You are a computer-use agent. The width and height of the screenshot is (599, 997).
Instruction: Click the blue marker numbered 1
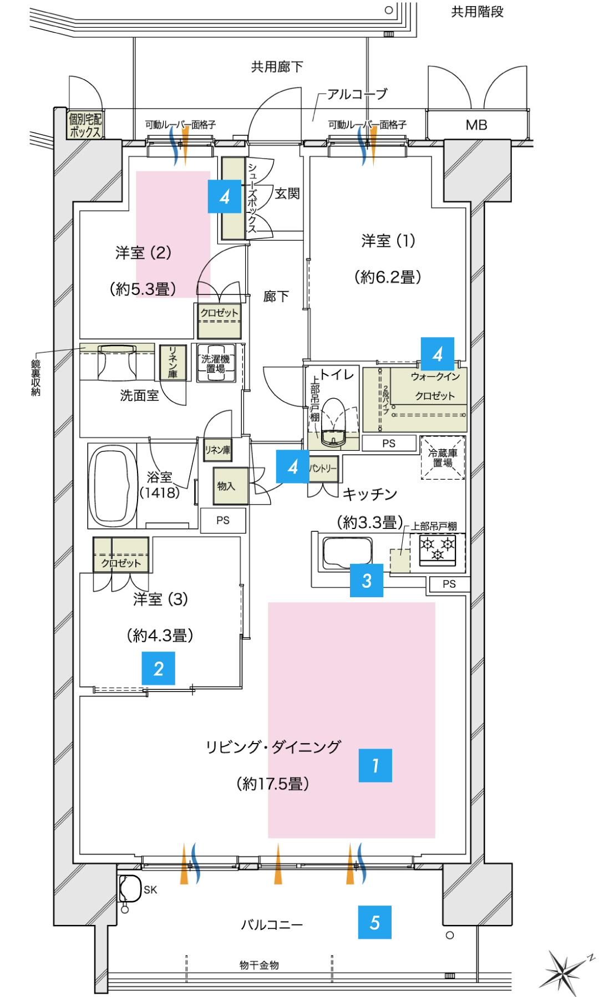pos(375,765)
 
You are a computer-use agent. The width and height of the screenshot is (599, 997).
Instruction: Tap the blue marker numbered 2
pos(159,668)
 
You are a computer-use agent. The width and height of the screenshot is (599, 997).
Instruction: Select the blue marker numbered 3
pos(367,581)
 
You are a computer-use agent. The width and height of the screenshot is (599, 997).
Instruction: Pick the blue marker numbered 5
pos(375,922)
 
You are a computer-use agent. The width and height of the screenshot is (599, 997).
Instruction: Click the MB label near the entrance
pos(476,125)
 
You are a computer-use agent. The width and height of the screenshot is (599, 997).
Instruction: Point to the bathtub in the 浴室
pos(113,486)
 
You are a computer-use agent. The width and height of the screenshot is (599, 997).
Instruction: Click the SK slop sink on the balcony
pos(131,888)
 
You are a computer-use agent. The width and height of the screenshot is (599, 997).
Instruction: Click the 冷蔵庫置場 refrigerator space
pos(443,458)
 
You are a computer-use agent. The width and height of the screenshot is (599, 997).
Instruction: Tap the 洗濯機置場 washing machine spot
pos(216,364)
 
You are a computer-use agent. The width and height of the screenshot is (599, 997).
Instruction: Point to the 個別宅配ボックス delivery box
pos(85,125)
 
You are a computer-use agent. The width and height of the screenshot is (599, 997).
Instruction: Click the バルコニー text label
pos(272,924)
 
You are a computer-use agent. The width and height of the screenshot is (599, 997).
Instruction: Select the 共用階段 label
pos(477,12)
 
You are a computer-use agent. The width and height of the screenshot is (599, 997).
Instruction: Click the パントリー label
pos(323,468)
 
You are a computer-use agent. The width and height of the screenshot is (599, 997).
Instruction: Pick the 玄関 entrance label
pos(287,194)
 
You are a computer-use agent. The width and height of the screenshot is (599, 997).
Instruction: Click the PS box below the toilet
pos(389,443)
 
